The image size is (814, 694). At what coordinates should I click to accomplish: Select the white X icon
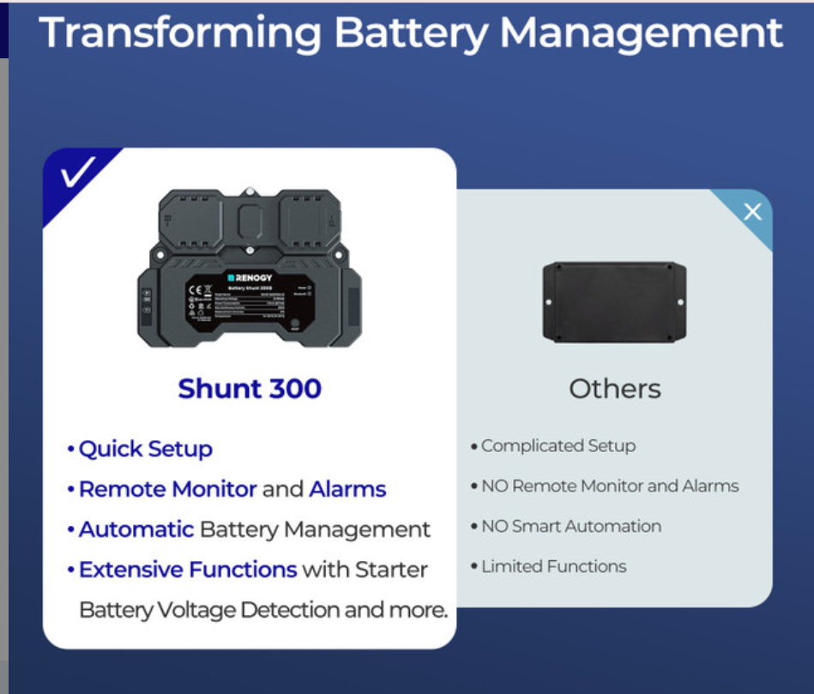coord(752,212)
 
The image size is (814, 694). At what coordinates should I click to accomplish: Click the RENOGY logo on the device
coord(250,278)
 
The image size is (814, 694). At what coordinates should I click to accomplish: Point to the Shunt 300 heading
coord(250,389)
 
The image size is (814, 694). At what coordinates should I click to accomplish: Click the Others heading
coord(615,389)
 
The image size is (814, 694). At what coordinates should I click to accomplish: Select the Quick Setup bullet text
coord(145,449)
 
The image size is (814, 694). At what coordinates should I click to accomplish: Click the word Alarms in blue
coord(347,489)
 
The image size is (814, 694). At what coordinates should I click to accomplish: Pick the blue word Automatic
coord(136,529)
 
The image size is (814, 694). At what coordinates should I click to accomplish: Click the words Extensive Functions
coord(188,570)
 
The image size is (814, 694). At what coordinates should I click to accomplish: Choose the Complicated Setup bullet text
coord(558,446)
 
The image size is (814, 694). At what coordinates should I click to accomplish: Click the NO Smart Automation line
coord(570,526)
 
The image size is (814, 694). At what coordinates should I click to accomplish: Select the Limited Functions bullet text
coord(553,566)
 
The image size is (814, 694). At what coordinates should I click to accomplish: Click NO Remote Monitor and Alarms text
coord(609,486)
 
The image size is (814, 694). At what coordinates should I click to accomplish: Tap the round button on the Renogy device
coord(294,325)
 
